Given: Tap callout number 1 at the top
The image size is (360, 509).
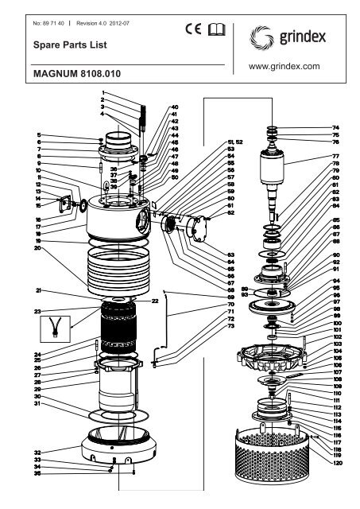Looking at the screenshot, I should click(103, 94).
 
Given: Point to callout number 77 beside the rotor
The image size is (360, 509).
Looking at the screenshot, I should click(335, 157).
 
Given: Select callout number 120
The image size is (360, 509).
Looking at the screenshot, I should click(337, 462).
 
